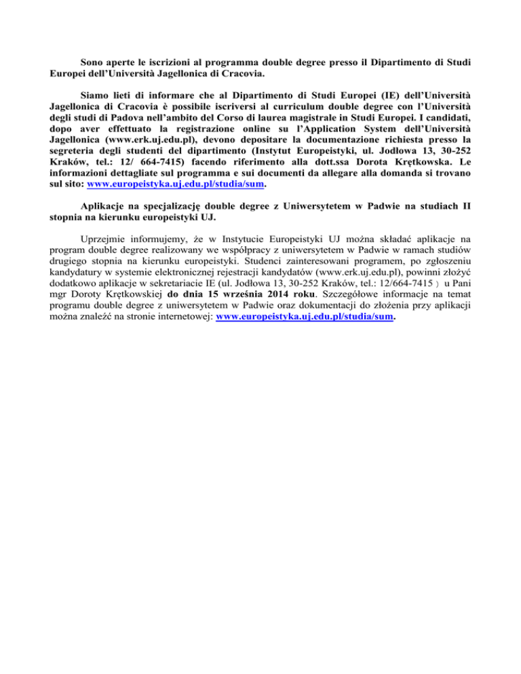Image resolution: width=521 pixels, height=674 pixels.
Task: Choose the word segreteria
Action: [76, 152]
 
